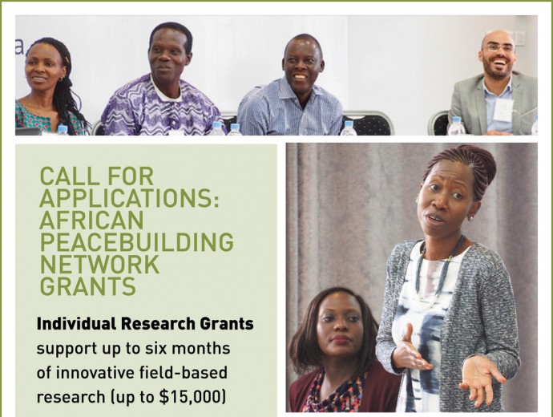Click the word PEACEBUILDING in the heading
(137, 242)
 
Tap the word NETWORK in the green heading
(100, 264)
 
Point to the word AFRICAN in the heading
(91, 220)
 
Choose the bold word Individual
(76, 323)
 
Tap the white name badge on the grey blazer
(503, 109)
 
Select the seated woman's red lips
(341, 339)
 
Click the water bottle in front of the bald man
(456, 126)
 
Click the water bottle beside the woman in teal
(62, 129)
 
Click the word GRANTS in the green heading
(88, 285)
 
